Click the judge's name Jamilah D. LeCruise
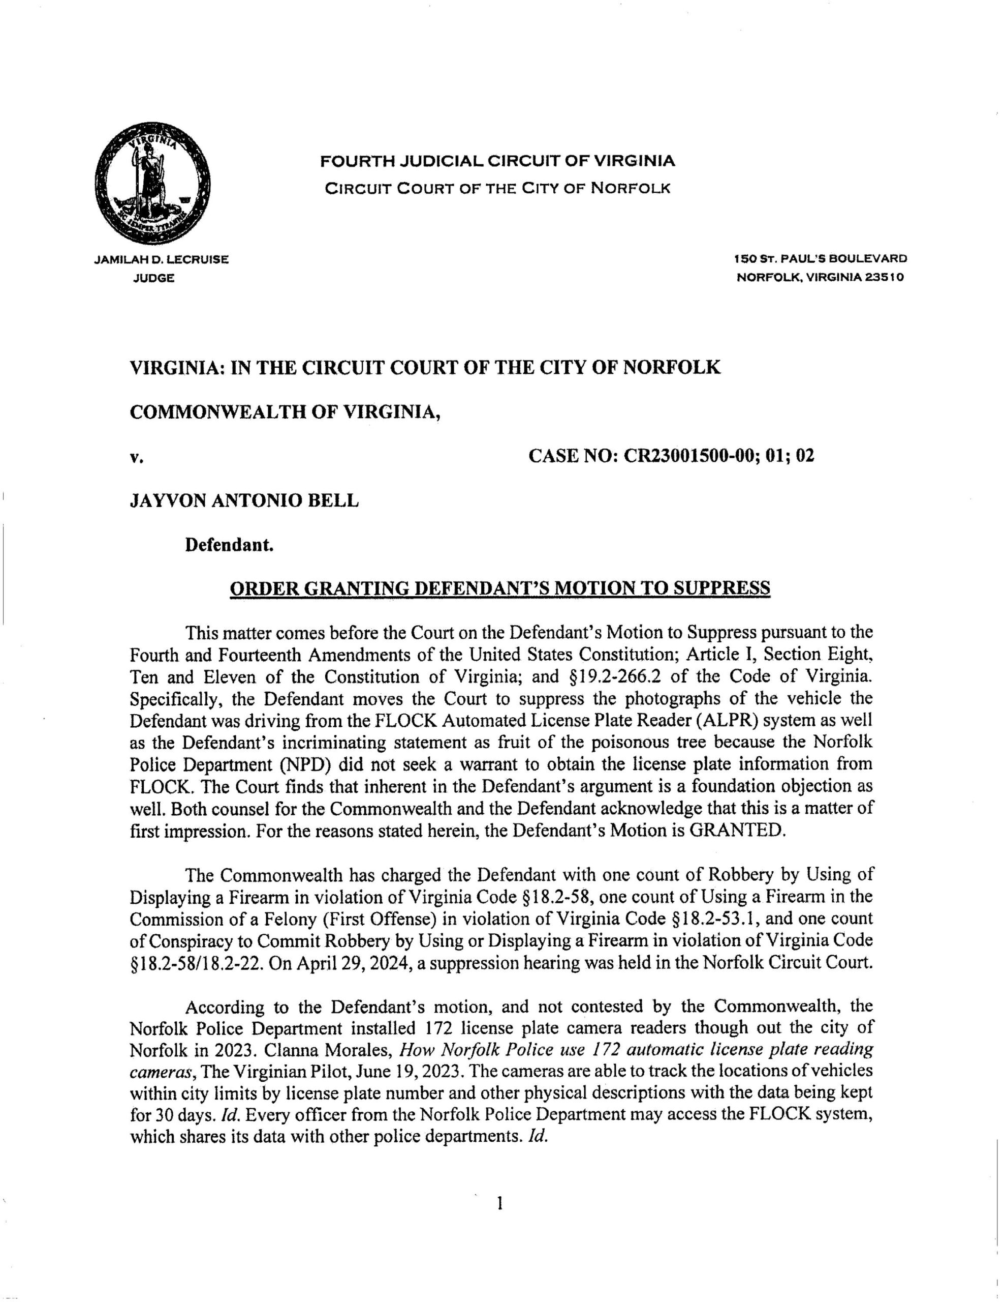coord(162,259)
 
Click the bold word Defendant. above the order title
coord(229,544)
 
